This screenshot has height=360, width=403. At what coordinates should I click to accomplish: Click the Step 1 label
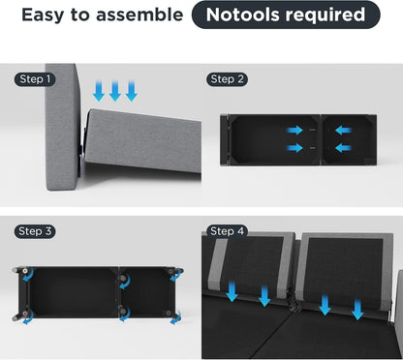coord(35,79)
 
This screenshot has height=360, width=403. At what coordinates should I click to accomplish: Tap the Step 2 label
coord(227,79)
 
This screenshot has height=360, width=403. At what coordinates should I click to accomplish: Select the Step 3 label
coord(35,231)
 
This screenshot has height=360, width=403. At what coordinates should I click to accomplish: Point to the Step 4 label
coord(227,231)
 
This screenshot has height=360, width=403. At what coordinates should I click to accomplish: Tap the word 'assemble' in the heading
coord(139,15)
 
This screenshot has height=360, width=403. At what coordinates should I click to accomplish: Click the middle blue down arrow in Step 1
coord(115,91)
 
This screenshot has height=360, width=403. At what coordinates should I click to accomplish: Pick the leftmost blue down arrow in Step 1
coord(99,91)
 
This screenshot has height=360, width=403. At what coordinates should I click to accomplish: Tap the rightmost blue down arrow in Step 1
coord(132,91)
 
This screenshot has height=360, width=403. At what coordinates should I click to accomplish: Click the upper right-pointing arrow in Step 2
coord(294,131)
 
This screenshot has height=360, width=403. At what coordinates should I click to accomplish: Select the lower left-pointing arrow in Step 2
coord(343,148)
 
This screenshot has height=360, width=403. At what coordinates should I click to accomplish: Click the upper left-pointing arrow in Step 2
coord(343,131)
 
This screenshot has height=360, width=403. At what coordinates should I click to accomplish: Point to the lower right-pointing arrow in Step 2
coord(294,148)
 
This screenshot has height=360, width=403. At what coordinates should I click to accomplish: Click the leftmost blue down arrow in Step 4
coord(232,291)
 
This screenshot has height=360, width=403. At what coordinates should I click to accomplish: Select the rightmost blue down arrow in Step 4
coord(357,310)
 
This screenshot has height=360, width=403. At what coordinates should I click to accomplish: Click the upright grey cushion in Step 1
coord(62,127)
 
